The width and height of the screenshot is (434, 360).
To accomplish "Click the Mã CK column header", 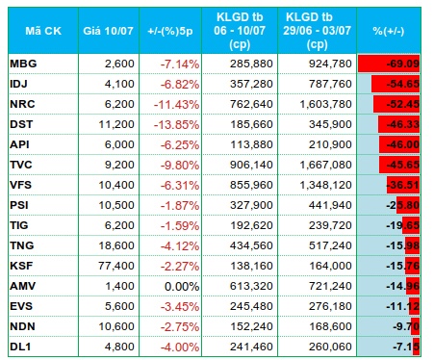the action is [x=43, y=31].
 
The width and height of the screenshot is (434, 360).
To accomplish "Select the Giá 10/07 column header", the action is [x=108, y=31].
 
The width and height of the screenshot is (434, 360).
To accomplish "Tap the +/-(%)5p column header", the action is [x=170, y=31].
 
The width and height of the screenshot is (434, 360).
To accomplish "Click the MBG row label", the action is [x=23, y=64].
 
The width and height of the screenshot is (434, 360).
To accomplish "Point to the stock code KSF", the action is [x=21, y=266].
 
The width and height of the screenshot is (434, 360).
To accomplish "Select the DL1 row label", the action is [x=20, y=347].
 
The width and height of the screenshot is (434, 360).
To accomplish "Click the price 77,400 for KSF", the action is [x=116, y=266].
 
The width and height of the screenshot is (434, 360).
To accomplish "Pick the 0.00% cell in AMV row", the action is [x=182, y=286].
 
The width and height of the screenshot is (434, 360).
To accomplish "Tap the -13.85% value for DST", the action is [x=176, y=124].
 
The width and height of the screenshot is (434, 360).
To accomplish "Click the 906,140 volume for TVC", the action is [x=251, y=165].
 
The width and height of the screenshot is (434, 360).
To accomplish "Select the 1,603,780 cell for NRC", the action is [x=325, y=104].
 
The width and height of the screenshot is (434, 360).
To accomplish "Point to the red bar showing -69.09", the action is [x=389, y=64].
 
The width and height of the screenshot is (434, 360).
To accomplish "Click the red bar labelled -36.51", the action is [x=403, y=185].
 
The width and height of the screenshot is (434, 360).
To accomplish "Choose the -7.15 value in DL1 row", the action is [x=406, y=347].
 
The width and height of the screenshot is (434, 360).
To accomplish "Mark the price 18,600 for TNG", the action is [x=116, y=245].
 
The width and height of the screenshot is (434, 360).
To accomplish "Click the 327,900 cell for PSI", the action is [x=251, y=205].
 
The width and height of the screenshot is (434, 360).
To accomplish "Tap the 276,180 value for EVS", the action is [x=330, y=306].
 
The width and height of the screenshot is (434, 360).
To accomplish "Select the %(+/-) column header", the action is [x=389, y=31].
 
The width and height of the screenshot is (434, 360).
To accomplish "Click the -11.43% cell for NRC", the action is [x=176, y=104].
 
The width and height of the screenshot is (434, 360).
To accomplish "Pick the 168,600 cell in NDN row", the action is [x=330, y=326].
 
